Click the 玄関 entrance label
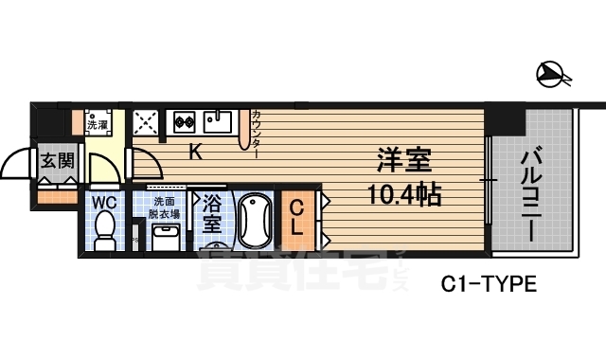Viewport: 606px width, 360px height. tap(56, 160)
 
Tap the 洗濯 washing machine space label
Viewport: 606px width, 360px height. tap(98, 123)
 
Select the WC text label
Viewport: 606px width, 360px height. tap(104, 202)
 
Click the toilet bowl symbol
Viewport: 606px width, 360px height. tap(105, 229)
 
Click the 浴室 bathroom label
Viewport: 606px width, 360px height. tap(211, 213)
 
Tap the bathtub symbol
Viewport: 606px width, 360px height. tap(252, 221)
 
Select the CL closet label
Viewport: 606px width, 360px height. tap(296, 217)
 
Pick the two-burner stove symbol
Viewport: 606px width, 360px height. tap(184, 122)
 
